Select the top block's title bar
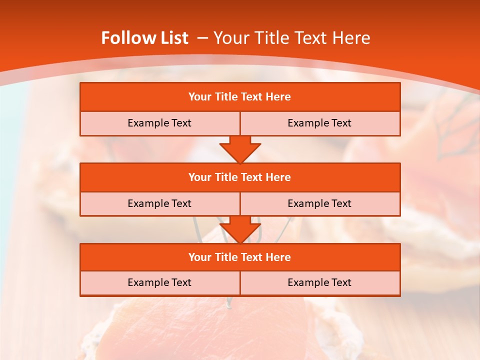(x=240, y=97)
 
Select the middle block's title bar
(x=240, y=177)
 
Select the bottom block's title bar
(x=240, y=257)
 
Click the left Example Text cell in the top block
(x=159, y=123)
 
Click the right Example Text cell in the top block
(x=319, y=123)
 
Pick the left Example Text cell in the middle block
(x=159, y=203)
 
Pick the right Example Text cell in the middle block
(x=319, y=203)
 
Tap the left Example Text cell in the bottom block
(x=159, y=282)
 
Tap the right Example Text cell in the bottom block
(x=319, y=282)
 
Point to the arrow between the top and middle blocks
(x=240, y=148)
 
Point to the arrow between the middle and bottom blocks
(x=240, y=229)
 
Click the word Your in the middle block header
(x=199, y=177)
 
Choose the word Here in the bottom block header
(x=278, y=257)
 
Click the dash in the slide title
(x=202, y=38)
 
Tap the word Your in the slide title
(x=230, y=38)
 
